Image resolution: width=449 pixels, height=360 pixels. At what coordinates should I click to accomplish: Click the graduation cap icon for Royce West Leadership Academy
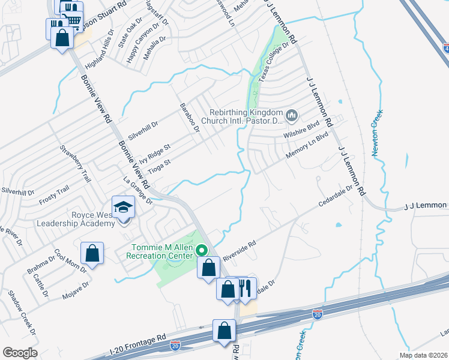[x=124, y=208]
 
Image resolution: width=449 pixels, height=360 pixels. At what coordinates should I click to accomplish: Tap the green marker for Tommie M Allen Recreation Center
[x=202, y=250]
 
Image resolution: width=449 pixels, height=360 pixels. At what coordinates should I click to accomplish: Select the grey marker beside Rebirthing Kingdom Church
[x=292, y=114]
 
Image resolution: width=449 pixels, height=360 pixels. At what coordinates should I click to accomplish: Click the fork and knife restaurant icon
[x=246, y=289]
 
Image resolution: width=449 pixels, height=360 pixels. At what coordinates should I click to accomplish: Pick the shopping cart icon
[x=72, y=20]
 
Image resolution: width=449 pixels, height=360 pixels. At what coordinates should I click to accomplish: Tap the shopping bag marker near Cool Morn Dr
[x=92, y=254]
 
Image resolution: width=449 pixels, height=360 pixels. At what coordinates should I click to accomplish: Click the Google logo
[x=20, y=353]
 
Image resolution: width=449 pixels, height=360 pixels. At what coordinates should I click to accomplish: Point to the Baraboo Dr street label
[x=188, y=118]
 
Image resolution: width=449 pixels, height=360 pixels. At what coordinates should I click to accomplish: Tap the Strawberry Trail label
[x=75, y=162]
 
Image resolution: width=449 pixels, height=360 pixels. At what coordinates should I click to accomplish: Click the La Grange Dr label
[x=138, y=191]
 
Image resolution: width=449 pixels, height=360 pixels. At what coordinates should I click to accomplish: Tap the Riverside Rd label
[x=239, y=251]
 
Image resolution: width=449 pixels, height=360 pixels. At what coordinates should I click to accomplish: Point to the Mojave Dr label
[x=77, y=291]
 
